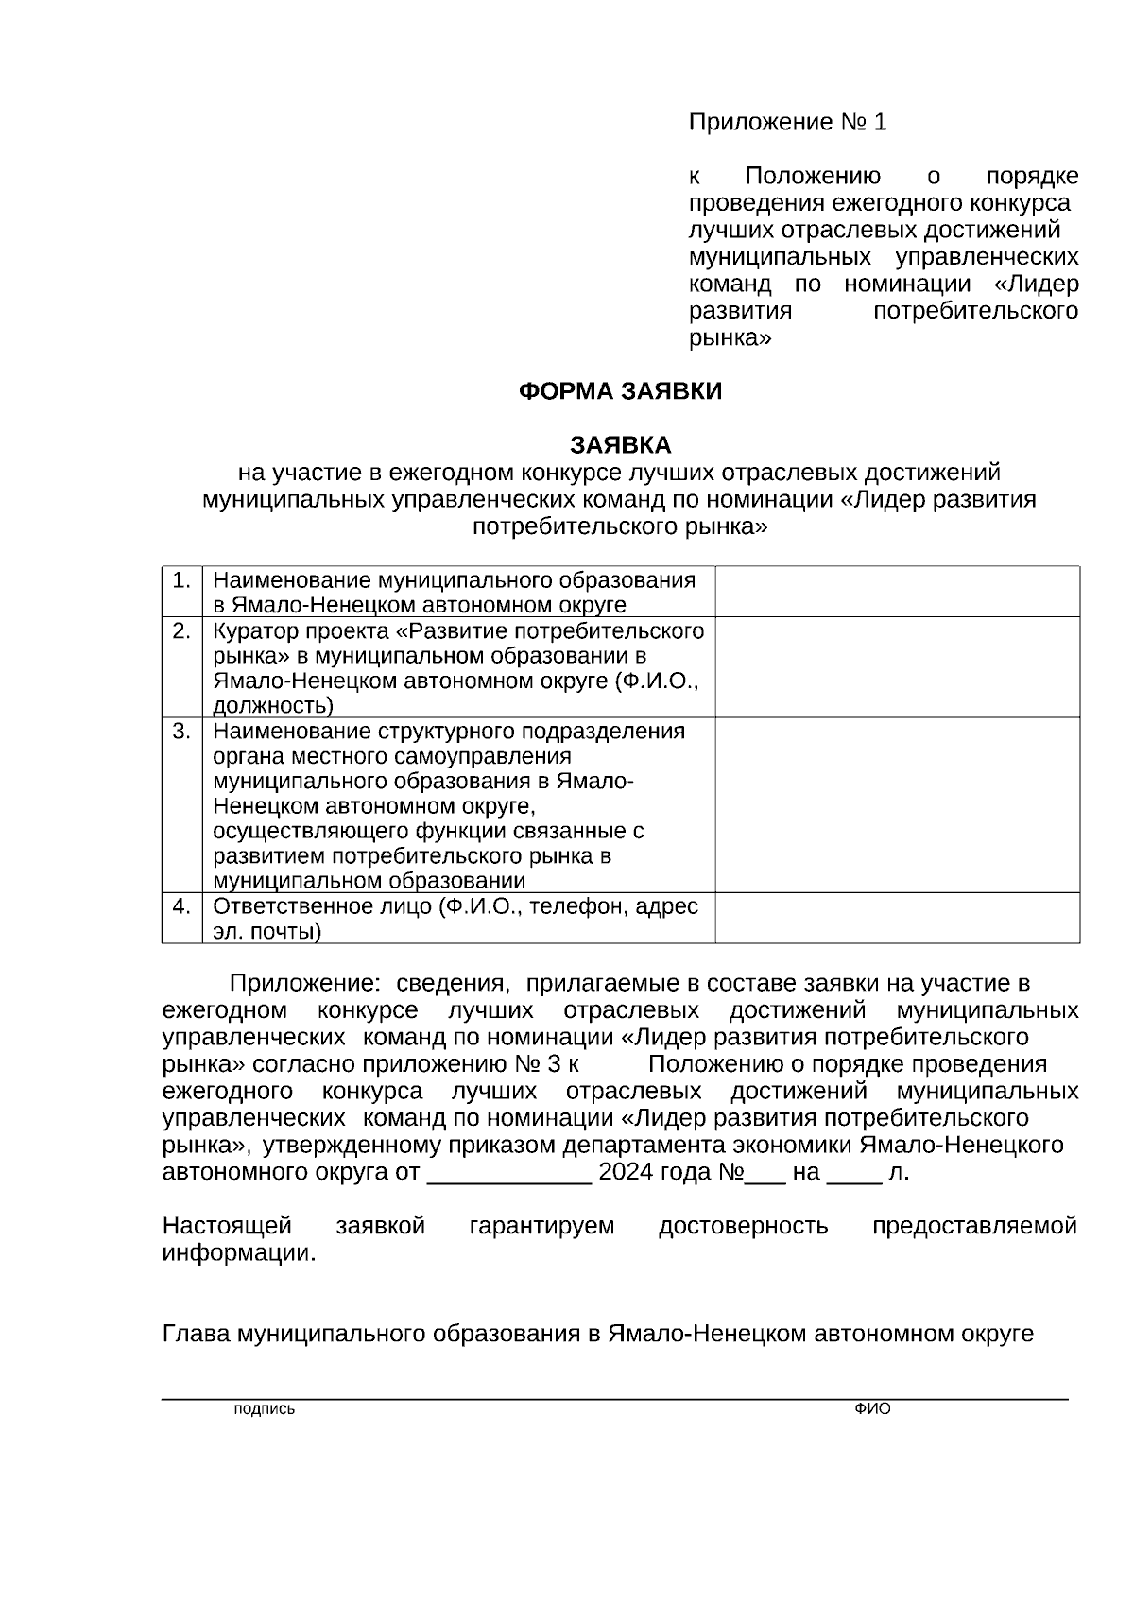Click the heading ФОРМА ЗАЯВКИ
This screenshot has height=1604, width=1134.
click(620, 391)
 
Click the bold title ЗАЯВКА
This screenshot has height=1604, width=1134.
click(620, 445)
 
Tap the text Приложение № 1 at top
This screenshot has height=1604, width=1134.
click(787, 123)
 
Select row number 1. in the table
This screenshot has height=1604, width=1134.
click(181, 580)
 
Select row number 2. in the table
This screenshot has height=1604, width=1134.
click(181, 631)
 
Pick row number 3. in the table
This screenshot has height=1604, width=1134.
click(181, 732)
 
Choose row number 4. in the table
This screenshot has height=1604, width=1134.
click(181, 906)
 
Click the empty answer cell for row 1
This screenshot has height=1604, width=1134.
click(897, 592)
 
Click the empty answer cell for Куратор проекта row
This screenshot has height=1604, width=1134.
click(897, 666)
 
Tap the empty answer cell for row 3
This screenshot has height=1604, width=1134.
click(897, 804)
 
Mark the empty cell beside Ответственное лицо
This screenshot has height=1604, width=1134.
click(897, 918)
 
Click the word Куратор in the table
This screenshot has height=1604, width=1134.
click(249, 631)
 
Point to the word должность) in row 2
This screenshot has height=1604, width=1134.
click(272, 705)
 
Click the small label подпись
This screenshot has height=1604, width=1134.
click(264, 1409)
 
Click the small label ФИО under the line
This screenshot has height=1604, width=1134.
click(872, 1409)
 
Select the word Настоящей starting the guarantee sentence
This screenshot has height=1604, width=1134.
click(227, 1227)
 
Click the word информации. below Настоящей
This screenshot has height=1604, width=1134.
click(239, 1253)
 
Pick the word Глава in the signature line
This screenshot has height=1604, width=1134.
click(197, 1334)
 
